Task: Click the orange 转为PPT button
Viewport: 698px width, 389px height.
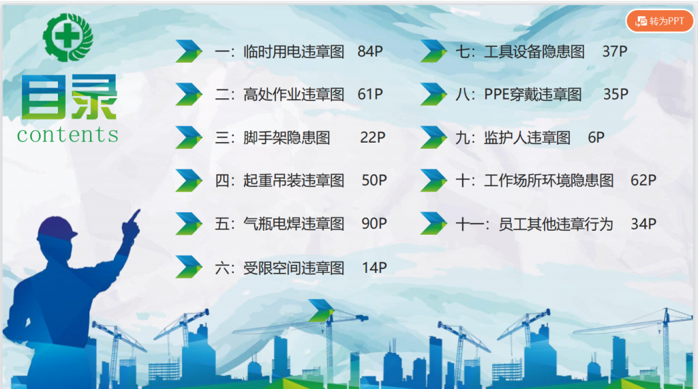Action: pyautogui.click(x=660, y=21)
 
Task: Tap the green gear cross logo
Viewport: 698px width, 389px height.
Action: pyautogui.click(x=67, y=38)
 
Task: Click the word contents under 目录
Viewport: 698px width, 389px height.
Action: pyautogui.click(x=67, y=134)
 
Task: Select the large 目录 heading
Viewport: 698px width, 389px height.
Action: pyautogui.click(x=69, y=97)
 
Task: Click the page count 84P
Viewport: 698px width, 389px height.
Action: pyautogui.click(x=370, y=51)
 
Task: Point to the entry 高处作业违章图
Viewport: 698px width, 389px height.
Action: pyautogui.click(x=294, y=94)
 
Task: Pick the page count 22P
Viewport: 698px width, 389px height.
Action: pyautogui.click(x=373, y=137)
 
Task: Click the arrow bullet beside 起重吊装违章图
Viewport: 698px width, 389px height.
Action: pyautogui.click(x=189, y=180)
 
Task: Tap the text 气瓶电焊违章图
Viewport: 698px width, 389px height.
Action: pyautogui.click(x=294, y=224)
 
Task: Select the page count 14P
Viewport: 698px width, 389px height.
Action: pyautogui.click(x=374, y=268)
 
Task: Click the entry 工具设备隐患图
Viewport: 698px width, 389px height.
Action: pyautogui.click(x=534, y=52)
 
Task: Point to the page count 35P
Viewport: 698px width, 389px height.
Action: pyautogui.click(x=616, y=94)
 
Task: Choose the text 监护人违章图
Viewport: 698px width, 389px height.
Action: pyautogui.click(x=527, y=138)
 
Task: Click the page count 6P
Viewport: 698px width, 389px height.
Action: pyautogui.click(x=596, y=137)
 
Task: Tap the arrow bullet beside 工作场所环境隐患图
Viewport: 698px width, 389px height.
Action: pyautogui.click(x=434, y=180)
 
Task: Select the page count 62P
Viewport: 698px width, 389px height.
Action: pyautogui.click(x=643, y=180)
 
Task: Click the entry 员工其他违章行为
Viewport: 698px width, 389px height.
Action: pyautogui.click(x=556, y=224)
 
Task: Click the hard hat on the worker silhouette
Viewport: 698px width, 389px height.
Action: pyautogui.click(x=57, y=229)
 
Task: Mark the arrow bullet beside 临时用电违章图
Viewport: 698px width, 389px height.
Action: pyautogui.click(x=189, y=51)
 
